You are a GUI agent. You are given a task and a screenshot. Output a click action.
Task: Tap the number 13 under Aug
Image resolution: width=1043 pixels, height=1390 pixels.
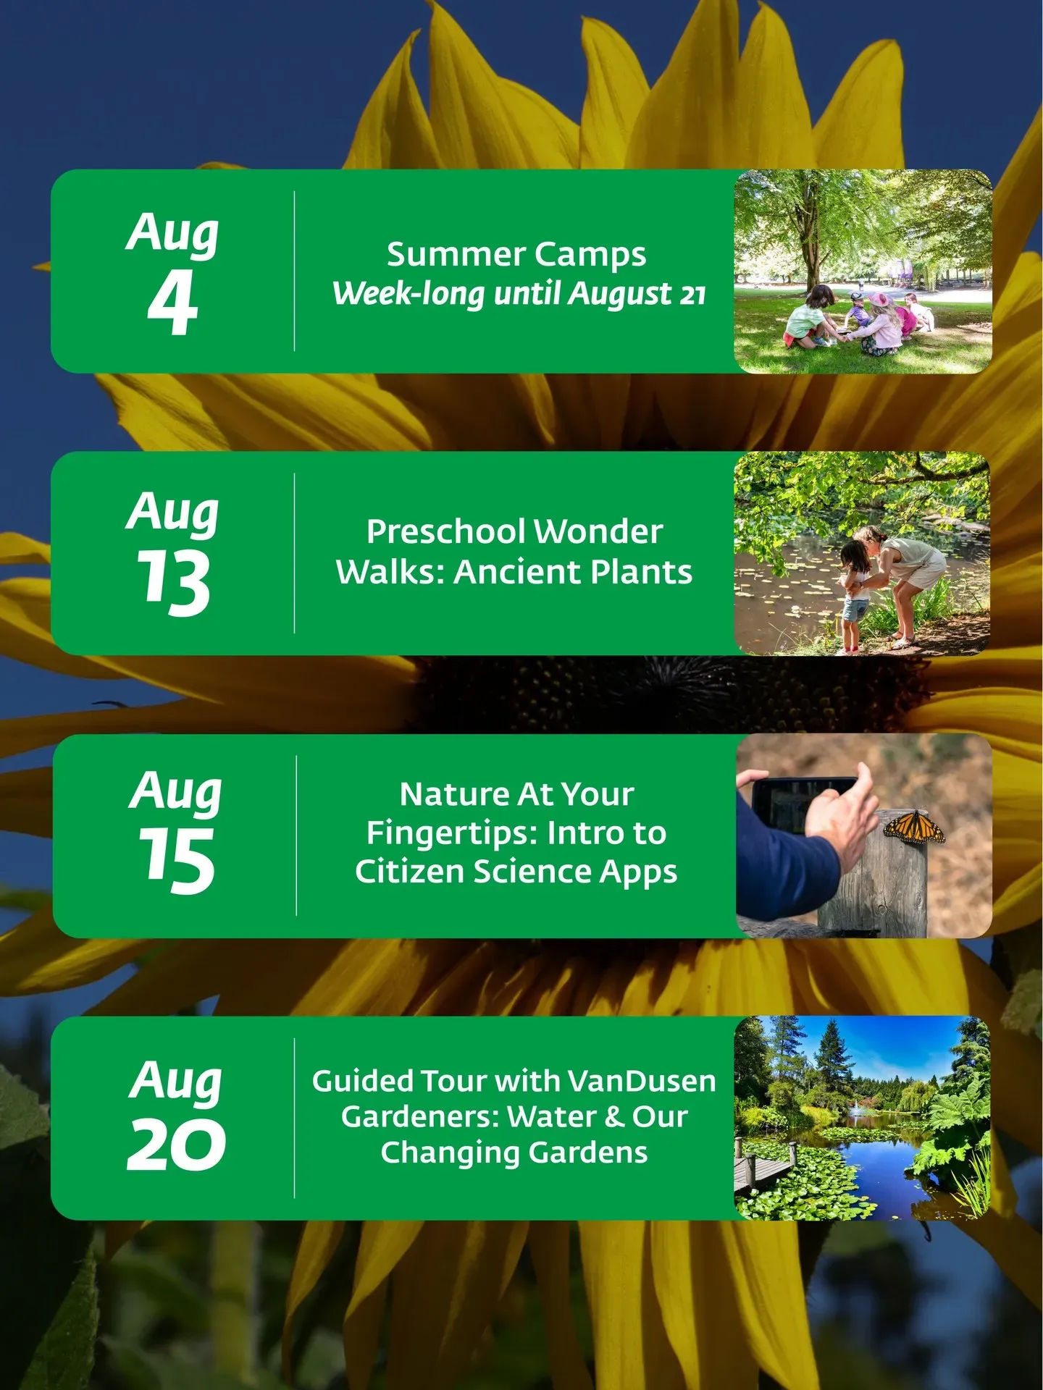click(x=174, y=582)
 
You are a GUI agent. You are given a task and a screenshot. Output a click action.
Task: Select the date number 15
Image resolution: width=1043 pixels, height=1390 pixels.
click(x=177, y=860)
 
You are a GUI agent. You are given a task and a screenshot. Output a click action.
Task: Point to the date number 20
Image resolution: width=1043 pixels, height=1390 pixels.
click(x=176, y=1144)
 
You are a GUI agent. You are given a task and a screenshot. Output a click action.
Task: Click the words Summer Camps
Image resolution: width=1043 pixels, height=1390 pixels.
click(x=516, y=255)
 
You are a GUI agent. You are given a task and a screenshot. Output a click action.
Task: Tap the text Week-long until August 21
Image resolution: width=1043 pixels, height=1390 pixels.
click(x=519, y=294)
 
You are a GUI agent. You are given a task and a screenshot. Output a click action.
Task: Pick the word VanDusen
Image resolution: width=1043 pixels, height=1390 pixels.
click(x=642, y=1081)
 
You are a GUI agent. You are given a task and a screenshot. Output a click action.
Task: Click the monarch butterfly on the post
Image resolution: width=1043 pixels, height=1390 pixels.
click(x=913, y=827)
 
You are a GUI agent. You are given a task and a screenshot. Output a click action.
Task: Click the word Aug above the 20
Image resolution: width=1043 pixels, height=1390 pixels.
click(x=176, y=1081)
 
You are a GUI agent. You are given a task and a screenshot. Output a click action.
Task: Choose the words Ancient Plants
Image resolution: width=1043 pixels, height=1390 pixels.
click(x=573, y=572)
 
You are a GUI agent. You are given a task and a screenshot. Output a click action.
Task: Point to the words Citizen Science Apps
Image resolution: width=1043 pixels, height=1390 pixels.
click(x=516, y=872)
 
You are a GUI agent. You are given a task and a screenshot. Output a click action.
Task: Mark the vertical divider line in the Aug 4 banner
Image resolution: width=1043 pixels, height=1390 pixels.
click(x=294, y=271)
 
